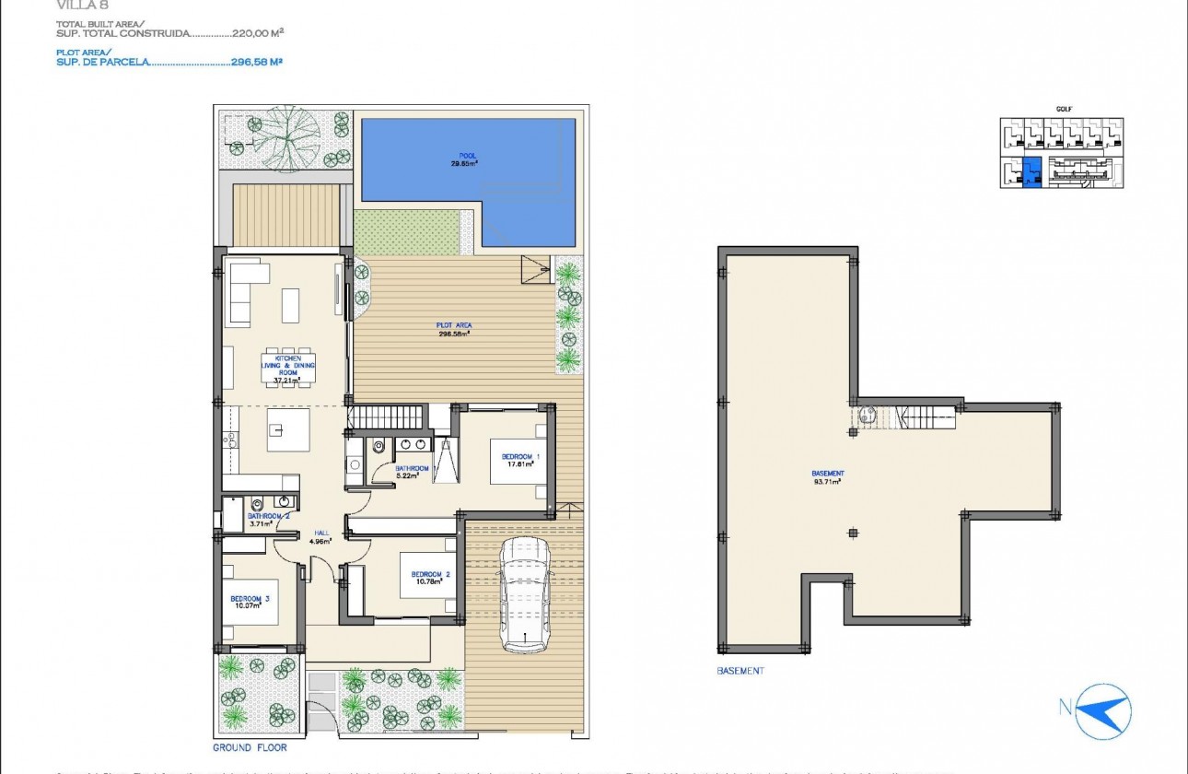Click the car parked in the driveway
(x=524, y=595)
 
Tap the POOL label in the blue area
(x=469, y=156)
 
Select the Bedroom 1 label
(x=520, y=457)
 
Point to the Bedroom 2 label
(x=430, y=575)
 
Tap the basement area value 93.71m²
(x=829, y=481)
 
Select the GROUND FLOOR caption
(x=250, y=747)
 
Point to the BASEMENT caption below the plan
(x=740, y=671)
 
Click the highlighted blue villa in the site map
(x=1031, y=171)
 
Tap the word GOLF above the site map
(x=1064, y=109)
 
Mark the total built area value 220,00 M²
(x=257, y=32)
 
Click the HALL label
(x=321, y=533)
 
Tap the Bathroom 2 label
(x=269, y=517)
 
